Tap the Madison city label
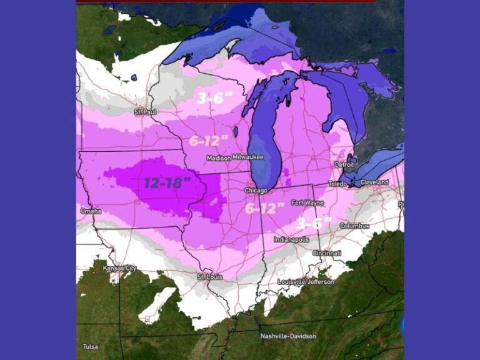pyautogui.click(x=219, y=158)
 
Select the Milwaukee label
pyautogui.click(x=248, y=157)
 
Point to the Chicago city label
pyautogui.click(x=256, y=190)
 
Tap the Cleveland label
pyautogui.click(x=374, y=182)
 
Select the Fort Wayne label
pyautogui.click(x=306, y=202)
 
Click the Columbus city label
pyautogui.click(x=354, y=226)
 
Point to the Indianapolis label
pyautogui.click(x=291, y=239)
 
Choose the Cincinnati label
pyautogui.click(x=327, y=253)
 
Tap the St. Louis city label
pyautogui.click(x=209, y=276)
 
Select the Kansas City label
pyautogui.click(x=119, y=268)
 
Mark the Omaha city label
pyautogui.click(x=91, y=211)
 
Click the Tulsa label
pyautogui.click(x=91, y=346)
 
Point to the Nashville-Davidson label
pyautogui.click(x=288, y=336)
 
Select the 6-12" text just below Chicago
pyautogui.click(x=264, y=208)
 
